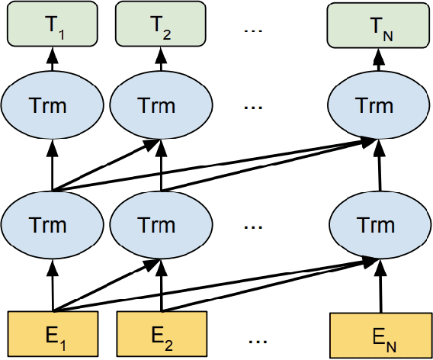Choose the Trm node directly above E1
pos(53,226)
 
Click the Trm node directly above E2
pos(162,226)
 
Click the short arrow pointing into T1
pos(53,59)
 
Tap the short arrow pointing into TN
pos(379,59)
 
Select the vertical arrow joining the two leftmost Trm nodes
pos(53,164)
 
